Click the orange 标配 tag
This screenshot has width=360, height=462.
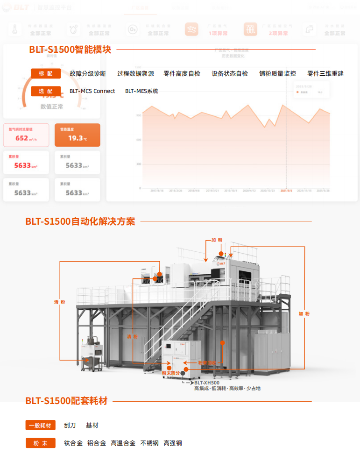(x=46, y=74)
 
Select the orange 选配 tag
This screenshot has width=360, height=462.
(x=46, y=91)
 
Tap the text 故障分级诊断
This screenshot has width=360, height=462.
(x=88, y=74)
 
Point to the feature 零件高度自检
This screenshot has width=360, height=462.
(x=182, y=74)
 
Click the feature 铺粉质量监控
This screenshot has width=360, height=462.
(x=278, y=74)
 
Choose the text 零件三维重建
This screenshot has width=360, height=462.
(x=325, y=74)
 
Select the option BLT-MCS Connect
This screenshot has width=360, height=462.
(x=92, y=91)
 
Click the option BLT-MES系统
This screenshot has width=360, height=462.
(x=141, y=91)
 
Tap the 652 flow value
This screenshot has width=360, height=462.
(x=22, y=138)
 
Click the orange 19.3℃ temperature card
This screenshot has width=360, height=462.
(x=77, y=135)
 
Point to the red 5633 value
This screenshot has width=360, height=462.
(x=22, y=165)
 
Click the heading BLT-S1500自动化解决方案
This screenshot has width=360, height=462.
(x=80, y=221)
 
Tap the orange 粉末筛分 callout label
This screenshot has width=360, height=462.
(x=170, y=373)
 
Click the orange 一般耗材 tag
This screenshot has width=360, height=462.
(x=40, y=426)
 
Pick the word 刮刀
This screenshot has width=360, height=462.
(x=70, y=426)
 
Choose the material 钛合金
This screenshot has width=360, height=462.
(x=73, y=443)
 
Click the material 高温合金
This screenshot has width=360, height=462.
(x=123, y=443)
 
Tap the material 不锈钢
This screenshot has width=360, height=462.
(x=149, y=443)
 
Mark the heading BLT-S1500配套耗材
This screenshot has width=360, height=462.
(x=66, y=401)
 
